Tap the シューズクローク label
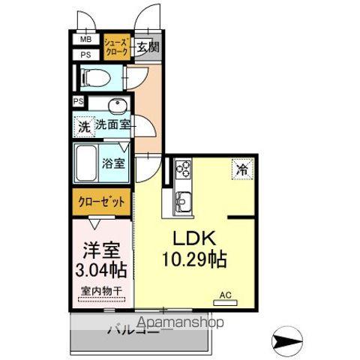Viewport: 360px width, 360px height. (116, 46)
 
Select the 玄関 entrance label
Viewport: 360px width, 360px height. (147, 47)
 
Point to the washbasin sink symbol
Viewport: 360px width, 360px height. (116, 105)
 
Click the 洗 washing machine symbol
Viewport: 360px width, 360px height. (83, 127)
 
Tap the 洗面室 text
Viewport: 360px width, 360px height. (112, 125)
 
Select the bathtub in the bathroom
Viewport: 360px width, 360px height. (88, 160)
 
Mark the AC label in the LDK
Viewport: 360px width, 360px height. (226, 295)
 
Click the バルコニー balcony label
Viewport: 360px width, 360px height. (139, 328)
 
